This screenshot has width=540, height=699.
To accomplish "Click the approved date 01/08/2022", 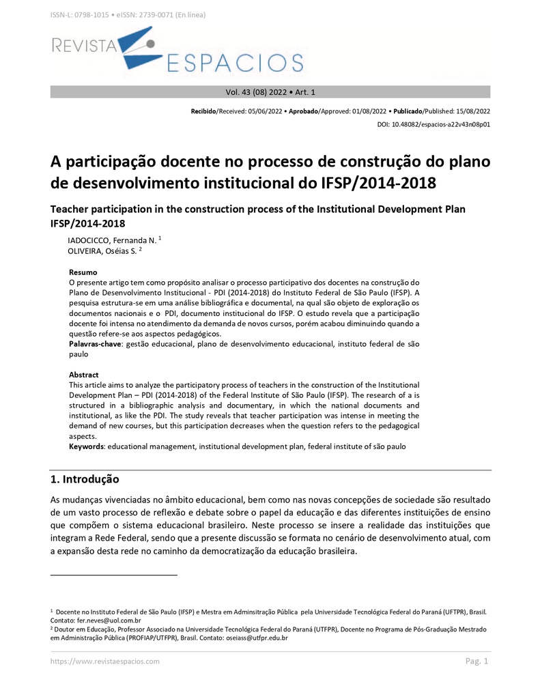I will tap(365, 111).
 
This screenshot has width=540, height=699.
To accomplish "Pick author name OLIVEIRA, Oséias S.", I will tap(102, 251).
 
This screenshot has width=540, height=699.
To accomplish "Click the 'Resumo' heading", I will tap(83, 272).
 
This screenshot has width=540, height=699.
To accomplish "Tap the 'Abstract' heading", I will tap(83, 375).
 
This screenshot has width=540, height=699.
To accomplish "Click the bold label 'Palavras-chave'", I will tap(96, 345).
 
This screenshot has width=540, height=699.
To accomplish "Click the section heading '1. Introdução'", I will tap(85, 479).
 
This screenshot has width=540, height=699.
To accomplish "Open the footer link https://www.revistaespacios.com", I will tap(105, 661).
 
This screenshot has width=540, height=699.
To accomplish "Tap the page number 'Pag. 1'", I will tap(477, 661).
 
